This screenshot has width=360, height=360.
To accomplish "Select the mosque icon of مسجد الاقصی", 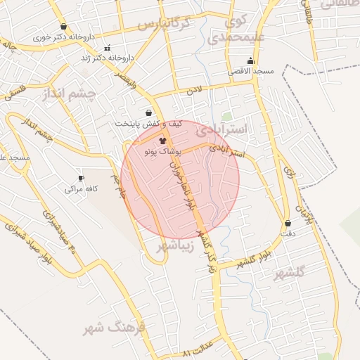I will point(250,60).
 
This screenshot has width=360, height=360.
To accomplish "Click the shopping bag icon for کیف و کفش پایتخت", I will point(148,112).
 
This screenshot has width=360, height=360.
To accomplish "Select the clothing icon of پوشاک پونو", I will point(153,141).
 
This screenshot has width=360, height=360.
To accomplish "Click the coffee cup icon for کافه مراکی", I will point(81,178).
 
